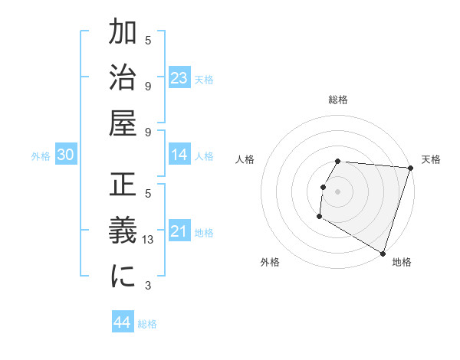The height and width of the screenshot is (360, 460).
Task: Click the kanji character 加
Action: [x=123, y=35]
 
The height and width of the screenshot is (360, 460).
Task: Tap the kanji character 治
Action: [x=123, y=80]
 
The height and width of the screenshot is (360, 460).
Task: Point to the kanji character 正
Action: [x=123, y=188]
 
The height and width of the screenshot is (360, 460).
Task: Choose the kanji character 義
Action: [x=123, y=234]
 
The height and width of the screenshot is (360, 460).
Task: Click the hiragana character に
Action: [x=123, y=278]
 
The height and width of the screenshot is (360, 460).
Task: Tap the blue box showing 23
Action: [x=179, y=78]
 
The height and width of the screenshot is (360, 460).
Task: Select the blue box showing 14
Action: [x=179, y=155]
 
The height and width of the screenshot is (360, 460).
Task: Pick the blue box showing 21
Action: [x=179, y=231]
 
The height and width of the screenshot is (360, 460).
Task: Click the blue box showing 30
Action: [x=66, y=155]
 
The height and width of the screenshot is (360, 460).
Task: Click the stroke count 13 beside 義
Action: [x=149, y=241]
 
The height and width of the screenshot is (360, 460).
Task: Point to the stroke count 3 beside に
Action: [x=149, y=286]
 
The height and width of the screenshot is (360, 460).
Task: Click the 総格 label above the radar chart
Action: [x=338, y=100]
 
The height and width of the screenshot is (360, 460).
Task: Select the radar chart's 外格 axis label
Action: [x=270, y=262]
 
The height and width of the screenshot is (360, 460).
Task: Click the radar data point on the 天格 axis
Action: [x=410, y=168]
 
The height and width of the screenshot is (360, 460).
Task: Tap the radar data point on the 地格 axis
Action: [x=382, y=252]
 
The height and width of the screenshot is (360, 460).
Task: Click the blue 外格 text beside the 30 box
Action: [x=41, y=156]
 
